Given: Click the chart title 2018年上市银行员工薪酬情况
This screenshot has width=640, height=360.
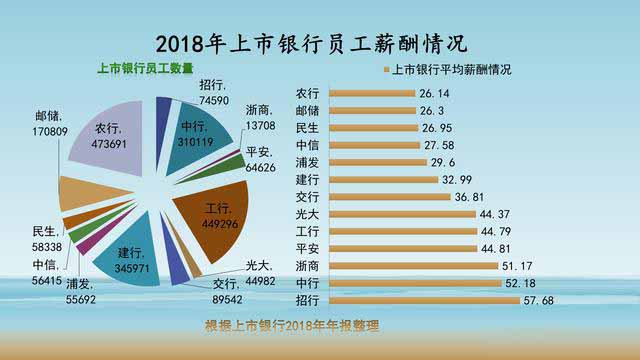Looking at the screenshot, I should click(319, 44).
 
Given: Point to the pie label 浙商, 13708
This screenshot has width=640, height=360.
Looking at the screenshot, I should click(257, 116).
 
